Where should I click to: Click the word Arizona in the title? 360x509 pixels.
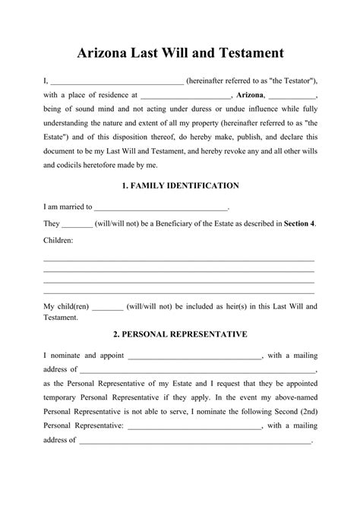pos(106,53)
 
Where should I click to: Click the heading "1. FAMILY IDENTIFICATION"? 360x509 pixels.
pos(180,185)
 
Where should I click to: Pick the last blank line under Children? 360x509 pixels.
pos(179,293)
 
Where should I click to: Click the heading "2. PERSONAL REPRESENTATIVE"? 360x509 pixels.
pos(180,334)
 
